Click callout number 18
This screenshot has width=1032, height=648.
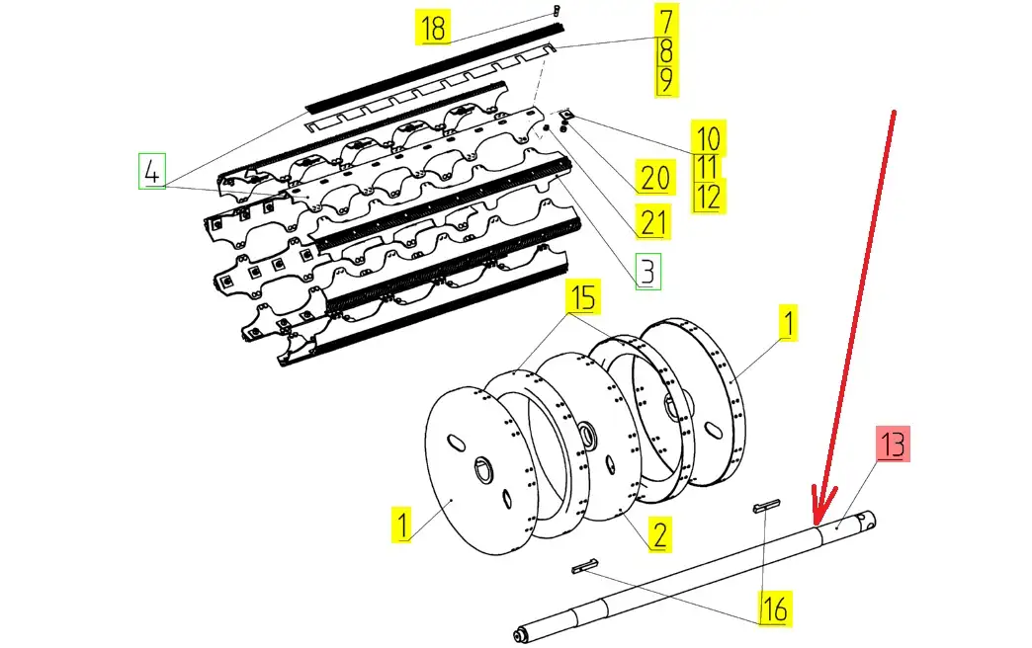433,28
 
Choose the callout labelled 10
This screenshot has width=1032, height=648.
707,137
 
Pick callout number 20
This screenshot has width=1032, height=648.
655,179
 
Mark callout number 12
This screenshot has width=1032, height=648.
707,196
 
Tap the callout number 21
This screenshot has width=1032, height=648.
652,221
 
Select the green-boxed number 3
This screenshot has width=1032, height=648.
646,271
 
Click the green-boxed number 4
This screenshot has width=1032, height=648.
150,172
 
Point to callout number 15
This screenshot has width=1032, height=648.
583,296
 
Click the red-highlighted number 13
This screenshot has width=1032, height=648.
893,445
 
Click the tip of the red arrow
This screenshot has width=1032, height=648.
817,520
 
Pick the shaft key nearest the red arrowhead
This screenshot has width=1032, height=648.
768,507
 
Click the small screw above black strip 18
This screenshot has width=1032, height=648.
558,9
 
